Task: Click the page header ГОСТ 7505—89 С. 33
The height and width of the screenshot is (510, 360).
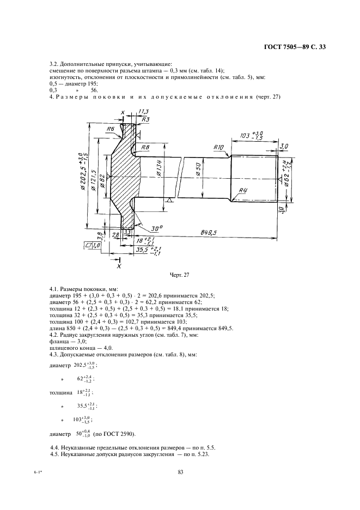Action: pyautogui.click(x=295, y=47)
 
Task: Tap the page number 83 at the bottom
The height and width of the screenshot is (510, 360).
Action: pyautogui.click(x=180, y=472)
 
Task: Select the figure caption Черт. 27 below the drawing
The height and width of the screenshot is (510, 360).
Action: pyautogui.click(x=180, y=275)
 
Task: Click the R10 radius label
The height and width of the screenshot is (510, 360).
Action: pyautogui.click(x=218, y=147)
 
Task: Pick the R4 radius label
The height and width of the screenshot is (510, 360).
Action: pyautogui.click(x=243, y=190)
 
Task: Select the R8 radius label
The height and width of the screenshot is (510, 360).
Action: pyautogui.click(x=145, y=147)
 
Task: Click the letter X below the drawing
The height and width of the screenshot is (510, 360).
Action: pyautogui.click(x=118, y=266)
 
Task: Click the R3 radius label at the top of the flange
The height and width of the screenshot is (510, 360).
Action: pyautogui.click(x=146, y=119)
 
